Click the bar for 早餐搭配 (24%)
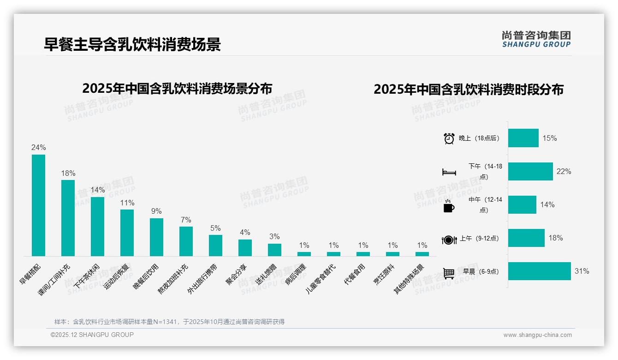point(38,205)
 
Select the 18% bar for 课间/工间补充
point(68,218)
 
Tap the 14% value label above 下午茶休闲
point(97,190)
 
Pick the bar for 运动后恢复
point(127,233)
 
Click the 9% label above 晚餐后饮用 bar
point(156,211)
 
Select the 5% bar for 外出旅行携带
point(215,246)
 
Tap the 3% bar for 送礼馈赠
point(274,250)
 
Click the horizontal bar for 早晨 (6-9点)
point(539,271)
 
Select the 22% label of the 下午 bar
point(564,172)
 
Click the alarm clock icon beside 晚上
point(449,138)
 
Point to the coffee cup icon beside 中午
point(449,206)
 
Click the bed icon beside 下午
point(449,172)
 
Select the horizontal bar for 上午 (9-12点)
point(526,238)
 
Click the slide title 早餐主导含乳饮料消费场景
point(132,44)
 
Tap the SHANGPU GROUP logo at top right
point(536,39)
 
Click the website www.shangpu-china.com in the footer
point(537,335)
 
